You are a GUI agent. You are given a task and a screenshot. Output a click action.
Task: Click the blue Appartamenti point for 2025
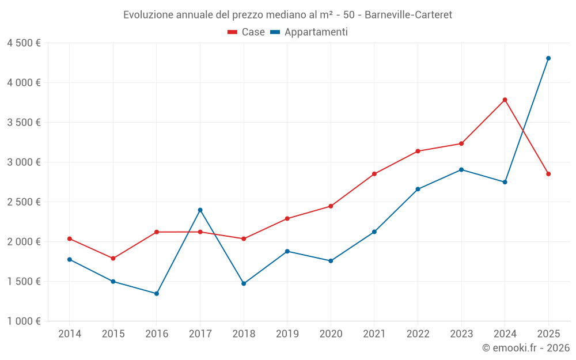(548, 58)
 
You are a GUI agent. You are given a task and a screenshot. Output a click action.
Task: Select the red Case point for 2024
(505, 100)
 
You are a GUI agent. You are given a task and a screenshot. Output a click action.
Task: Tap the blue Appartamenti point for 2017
(200, 210)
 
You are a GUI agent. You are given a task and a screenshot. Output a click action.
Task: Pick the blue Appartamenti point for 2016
(157, 294)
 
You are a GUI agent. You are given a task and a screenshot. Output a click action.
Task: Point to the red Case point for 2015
(113, 259)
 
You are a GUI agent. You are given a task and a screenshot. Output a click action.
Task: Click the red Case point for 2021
(374, 174)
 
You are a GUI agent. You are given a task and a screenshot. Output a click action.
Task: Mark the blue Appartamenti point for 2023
(461, 169)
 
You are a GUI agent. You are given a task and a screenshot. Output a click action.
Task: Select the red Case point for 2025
(548, 174)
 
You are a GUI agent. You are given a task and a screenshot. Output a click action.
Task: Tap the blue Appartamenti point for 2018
(244, 283)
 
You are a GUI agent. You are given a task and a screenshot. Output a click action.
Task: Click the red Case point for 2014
(70, 238)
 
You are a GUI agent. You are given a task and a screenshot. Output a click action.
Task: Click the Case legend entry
(247, 32)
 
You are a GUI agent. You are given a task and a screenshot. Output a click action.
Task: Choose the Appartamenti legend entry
(309, 32)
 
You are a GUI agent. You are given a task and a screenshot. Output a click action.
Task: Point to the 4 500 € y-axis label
(24, 43)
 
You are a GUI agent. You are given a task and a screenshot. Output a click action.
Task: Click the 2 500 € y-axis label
(24, 202)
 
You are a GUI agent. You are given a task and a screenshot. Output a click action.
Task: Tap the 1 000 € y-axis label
(24, 321)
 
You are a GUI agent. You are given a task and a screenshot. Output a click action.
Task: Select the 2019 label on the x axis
(287, 334)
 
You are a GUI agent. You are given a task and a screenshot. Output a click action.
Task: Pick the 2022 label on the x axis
(418, 334)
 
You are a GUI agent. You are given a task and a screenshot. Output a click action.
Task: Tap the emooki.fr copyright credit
(525, 348)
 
